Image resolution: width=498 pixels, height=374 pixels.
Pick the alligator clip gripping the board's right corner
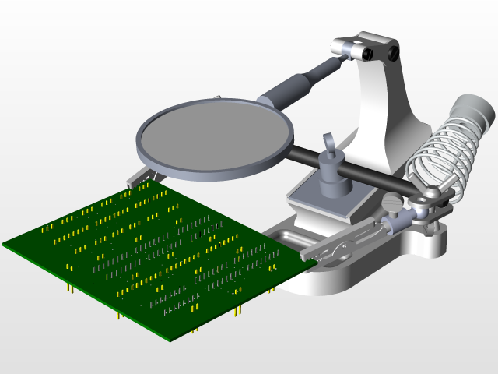click(342, 245)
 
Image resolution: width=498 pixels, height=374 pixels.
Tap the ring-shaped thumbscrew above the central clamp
click(329, 143)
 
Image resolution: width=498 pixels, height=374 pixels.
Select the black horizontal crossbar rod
click(366, 175)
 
